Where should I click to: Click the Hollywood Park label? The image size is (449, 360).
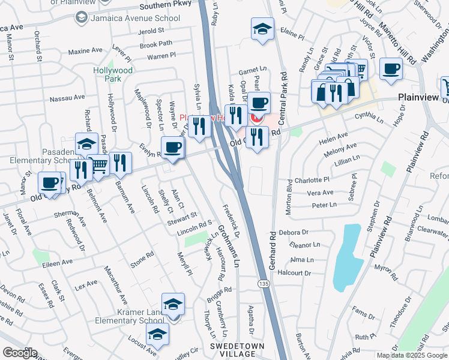[x=113, y=74]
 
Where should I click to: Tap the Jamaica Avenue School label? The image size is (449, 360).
[x=134, y=18]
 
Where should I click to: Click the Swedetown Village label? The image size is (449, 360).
[x=233, y=350]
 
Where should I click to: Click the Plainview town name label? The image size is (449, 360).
[x=424, y=97]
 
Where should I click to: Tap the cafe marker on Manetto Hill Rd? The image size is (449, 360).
[x=391, y=70]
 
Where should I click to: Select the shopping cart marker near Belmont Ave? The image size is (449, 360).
[x=98, y=166]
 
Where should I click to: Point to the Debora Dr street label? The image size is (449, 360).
[x=298, y=232]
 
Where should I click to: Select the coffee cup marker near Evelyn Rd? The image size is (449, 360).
[x=173, y=148]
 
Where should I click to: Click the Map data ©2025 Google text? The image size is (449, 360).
[x=412, y=355]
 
